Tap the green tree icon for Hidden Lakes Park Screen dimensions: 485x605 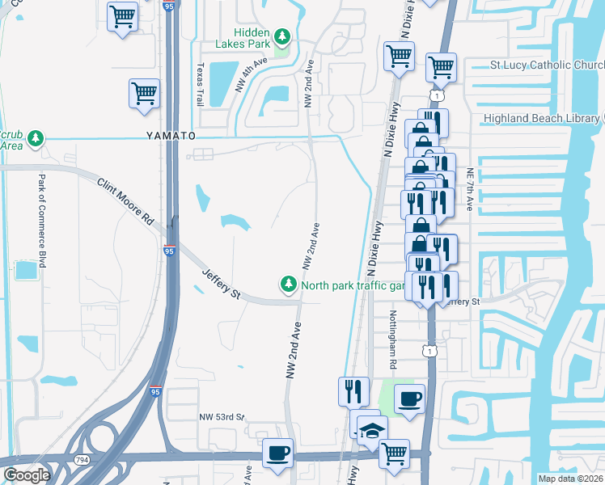coord(282,36)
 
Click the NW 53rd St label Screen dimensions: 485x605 coord(222,417)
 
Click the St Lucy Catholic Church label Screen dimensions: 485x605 coord(548,65)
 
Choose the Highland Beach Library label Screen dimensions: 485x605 coord(543,119)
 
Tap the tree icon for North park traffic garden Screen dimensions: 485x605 coord(287,284)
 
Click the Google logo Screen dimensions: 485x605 coord(27,475)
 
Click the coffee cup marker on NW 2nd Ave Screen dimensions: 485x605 coord(277,453)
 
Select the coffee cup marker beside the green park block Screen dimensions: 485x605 coord(409,399)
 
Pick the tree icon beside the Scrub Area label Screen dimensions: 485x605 coord(34,140)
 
